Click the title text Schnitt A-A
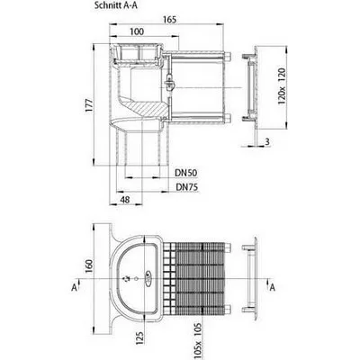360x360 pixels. coord(116,5)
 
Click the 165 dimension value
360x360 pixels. coord(169,20)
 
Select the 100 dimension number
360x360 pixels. coord(137,31)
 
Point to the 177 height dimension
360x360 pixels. coord(89,105)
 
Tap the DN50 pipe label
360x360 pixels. coord(186,173)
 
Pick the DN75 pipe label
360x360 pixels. coord(187,187)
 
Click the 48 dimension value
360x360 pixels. coord(125,200)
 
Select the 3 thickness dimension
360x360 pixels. coord(267,141)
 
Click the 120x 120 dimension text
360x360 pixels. coord(282,86)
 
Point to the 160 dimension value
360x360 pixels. coord(89,266)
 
